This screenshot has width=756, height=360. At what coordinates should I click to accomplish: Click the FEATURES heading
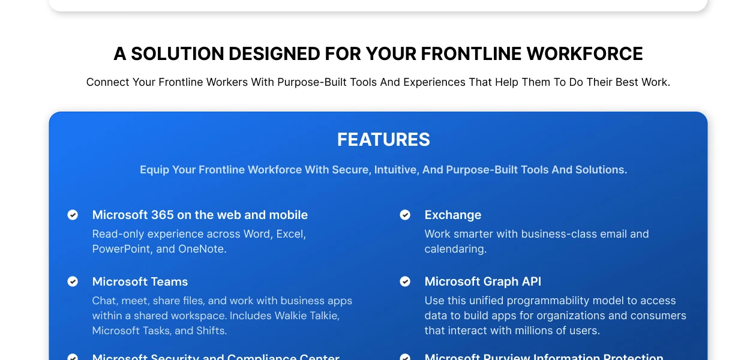click(383, 140)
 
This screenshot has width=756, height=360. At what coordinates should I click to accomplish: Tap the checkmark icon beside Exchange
click(405, 215)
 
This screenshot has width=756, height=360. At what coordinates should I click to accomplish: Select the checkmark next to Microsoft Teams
click(73, 281)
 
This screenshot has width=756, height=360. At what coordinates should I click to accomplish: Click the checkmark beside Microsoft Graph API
click(405, 281)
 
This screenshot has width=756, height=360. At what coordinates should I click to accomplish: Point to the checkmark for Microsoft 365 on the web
click(73, 215)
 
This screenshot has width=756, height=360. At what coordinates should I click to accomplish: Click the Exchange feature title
click(452, 215)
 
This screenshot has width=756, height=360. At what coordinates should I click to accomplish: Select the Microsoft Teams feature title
click(140, 281)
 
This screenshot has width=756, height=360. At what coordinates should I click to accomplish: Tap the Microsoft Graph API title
click(482, 281)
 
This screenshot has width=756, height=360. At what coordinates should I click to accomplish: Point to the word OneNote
click(202, 249)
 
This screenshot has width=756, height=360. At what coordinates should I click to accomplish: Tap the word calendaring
click(455, 249)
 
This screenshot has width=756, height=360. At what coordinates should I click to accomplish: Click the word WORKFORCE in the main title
click(584, 54)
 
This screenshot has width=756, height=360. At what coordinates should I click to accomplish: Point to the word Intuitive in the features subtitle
click(396, 170)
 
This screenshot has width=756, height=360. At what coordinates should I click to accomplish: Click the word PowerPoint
click(122, 249)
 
